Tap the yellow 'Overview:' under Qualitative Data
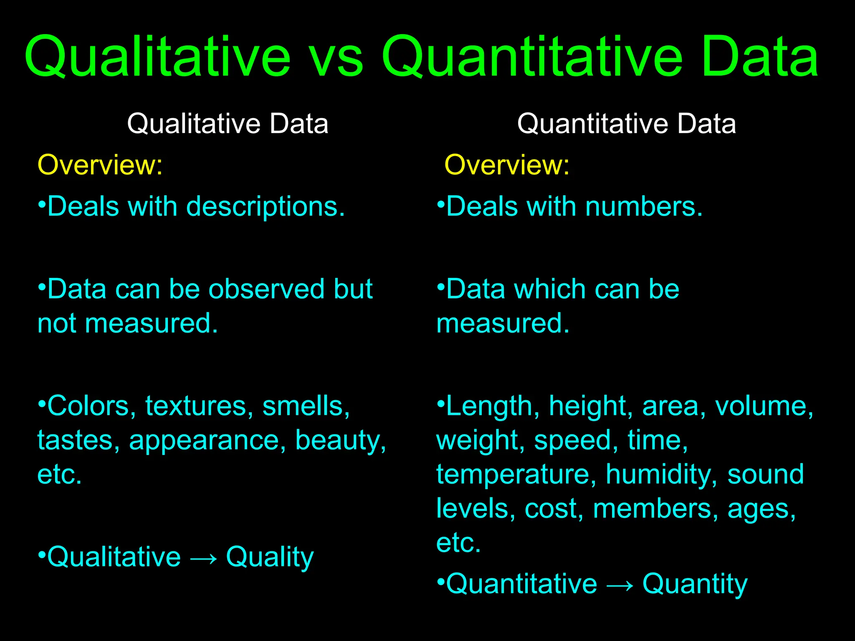coord(100,165)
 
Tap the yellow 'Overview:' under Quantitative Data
coord(507,165)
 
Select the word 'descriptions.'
coord(266,207)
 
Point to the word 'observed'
coord(266,289)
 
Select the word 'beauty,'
coord(341,440)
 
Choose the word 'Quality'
coord(270,558)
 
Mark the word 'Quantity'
coord(695,584)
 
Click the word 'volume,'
coord(764,406)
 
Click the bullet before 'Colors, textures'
coord(41,403)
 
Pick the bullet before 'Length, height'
coord(440,403)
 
